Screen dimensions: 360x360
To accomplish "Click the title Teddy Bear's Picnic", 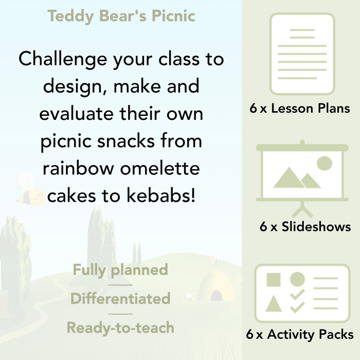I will tap(121, 16).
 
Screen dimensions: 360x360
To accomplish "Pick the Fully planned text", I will tap(120, 269).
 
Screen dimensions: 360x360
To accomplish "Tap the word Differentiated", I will tap(120, 298).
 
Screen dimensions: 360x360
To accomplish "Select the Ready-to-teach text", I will tap(120, 327).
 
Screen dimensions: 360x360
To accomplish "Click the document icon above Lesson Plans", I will tap(302, 53).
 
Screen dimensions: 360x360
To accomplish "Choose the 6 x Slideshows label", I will tap(305, 227).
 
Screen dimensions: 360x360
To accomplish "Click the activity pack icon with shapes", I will tap(302, 292).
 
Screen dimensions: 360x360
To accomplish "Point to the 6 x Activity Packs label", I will tap(300, 335).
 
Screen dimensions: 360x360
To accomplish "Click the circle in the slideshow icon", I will tap(324, 164).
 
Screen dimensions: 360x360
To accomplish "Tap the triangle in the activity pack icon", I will tap(274, 304).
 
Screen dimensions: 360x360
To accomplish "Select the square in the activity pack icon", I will tap(274, 280).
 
